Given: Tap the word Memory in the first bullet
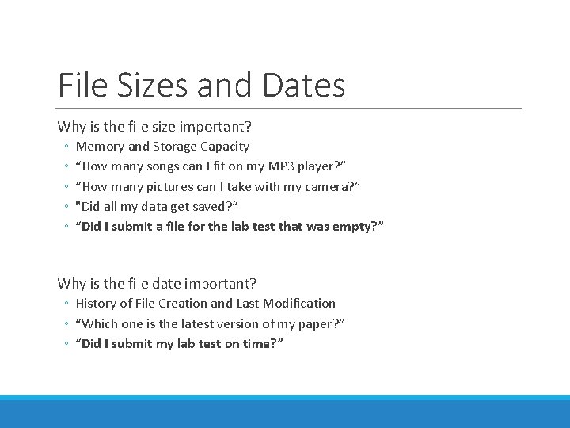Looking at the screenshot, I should click(100, 147).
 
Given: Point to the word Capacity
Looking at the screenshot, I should click(225, 147).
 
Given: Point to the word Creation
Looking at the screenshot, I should click(181, 304).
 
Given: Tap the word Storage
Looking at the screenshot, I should click(175, 147).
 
